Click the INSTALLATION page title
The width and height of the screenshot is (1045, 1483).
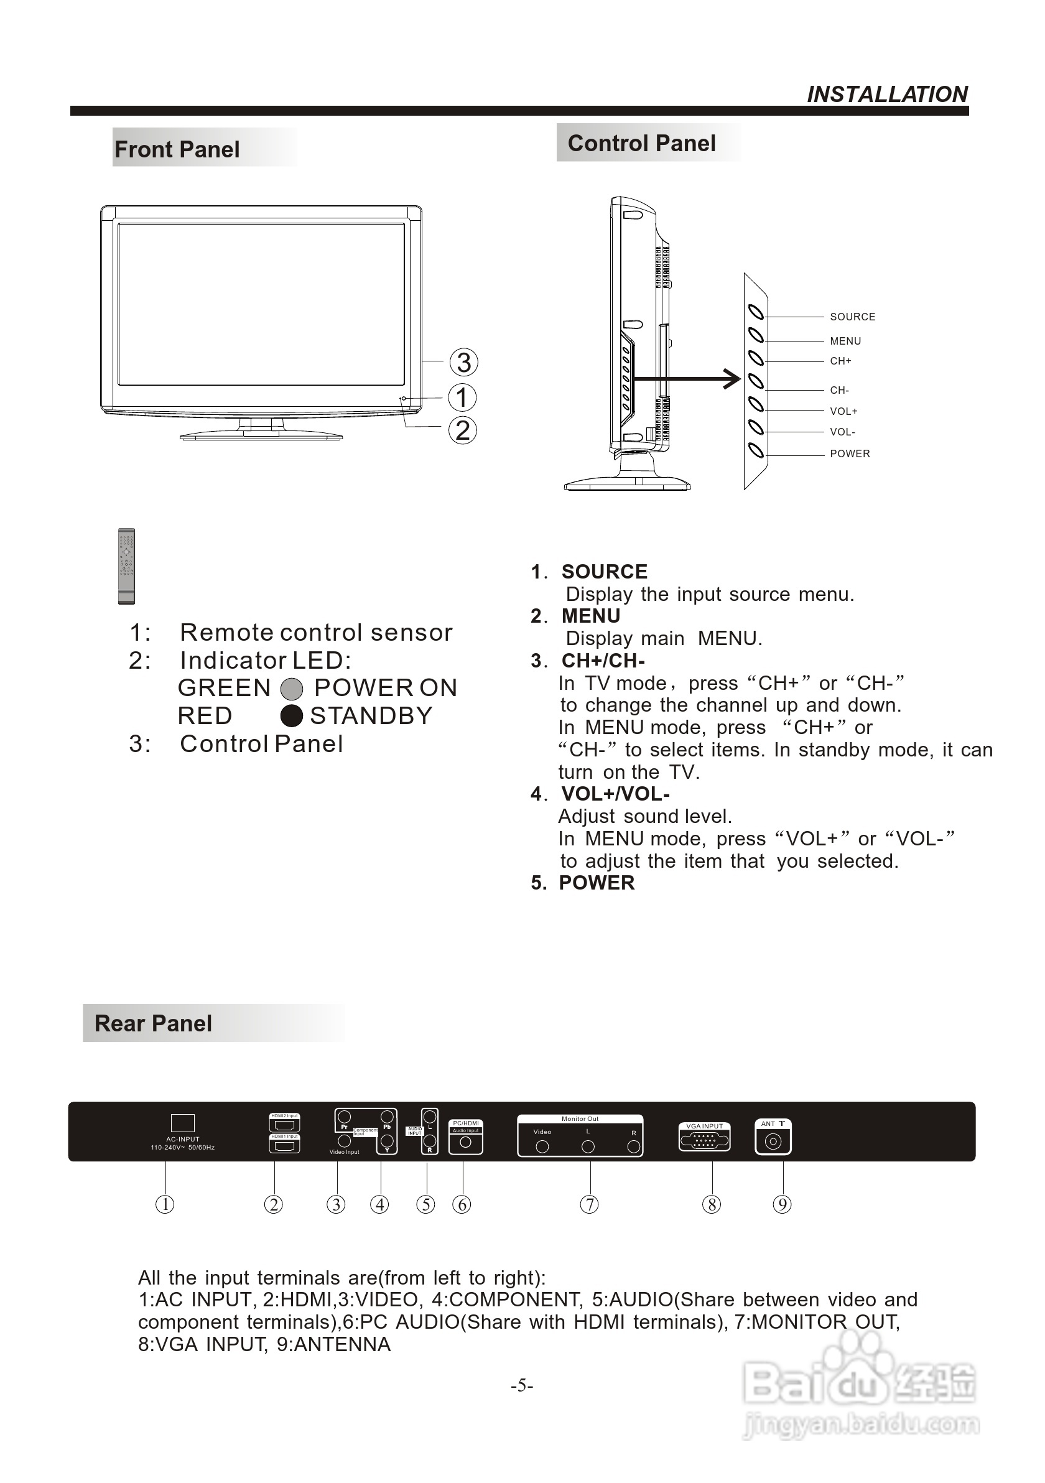(x=887, y=95)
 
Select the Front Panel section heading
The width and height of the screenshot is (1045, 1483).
(x=177, y=149)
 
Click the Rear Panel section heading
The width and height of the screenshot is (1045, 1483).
(x=153, y=1023)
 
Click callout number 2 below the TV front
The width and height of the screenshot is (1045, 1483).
(x=462, y=430)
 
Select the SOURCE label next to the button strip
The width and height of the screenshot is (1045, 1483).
(x=852, y=317)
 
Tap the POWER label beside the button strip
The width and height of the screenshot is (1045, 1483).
(x=849, y=453)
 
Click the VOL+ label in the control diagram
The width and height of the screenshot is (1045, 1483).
(x=843, y=411)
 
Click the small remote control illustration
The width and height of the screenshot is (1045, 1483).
(x=127, y=566)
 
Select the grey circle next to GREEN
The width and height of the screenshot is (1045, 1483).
(x=292, y=689)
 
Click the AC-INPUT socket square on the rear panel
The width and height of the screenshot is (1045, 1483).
(x=183, y=1123)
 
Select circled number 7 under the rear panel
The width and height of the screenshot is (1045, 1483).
(x=589, y=1204)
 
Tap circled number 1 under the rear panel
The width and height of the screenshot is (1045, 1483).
(x=165, y=1204)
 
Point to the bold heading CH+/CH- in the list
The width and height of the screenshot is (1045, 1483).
(x=603, y=661)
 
